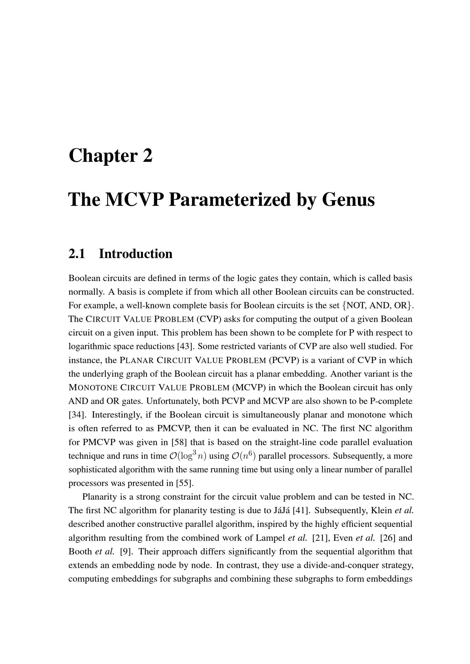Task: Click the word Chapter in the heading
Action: pyautogui.click(x=103, y=156)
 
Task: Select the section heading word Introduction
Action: pyautogui.click(x=136, y=254)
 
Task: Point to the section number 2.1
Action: pyautogui.click(x=77, y=254)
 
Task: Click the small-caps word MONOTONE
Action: pyautogui.click(x=93, y=387)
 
